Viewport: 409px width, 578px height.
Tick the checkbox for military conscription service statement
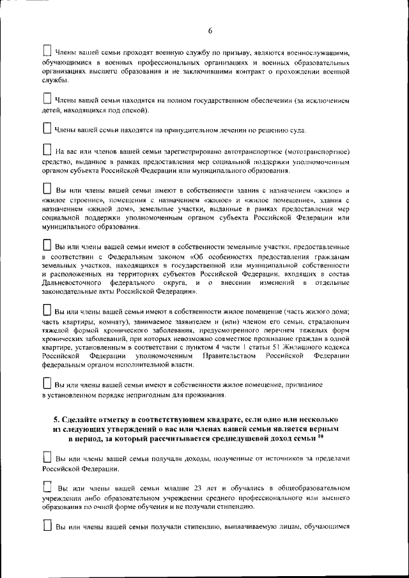47,50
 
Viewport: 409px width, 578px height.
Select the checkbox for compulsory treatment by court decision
47,128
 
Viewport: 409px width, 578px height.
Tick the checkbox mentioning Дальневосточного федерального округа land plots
47,245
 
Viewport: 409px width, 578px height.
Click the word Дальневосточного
72,282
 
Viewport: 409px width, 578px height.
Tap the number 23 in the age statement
180,488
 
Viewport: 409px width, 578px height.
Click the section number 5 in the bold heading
57,420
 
